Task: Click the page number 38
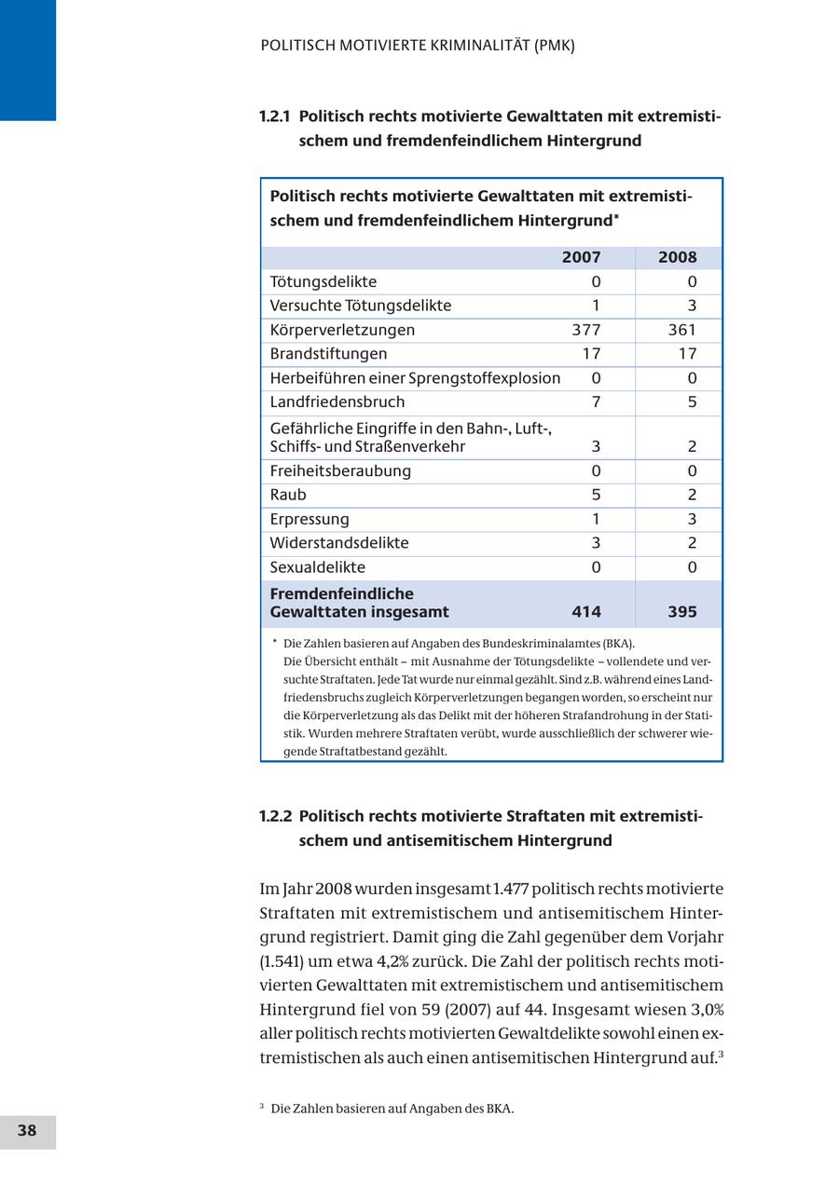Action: coord(27,1131)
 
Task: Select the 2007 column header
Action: coord(581,258)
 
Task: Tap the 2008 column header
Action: coord(677,258)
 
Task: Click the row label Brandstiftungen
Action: coord(328,354)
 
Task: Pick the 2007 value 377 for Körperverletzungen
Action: coord(585,330)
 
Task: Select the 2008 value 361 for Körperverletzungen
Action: coord(681,330)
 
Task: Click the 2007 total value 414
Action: coord(585,612)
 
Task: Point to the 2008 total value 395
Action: coord(681,612)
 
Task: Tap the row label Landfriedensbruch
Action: coord(337,402)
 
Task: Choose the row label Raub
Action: coord(288,495)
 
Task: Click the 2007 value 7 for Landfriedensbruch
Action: coord(596,402)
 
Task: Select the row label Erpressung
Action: coord(309,519)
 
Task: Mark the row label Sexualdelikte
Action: coord(318,567)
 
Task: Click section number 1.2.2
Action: coord(275,817)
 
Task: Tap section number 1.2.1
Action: coord(274,116)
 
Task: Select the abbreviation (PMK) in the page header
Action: coord(555,45)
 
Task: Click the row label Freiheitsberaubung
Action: coord(340,471)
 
